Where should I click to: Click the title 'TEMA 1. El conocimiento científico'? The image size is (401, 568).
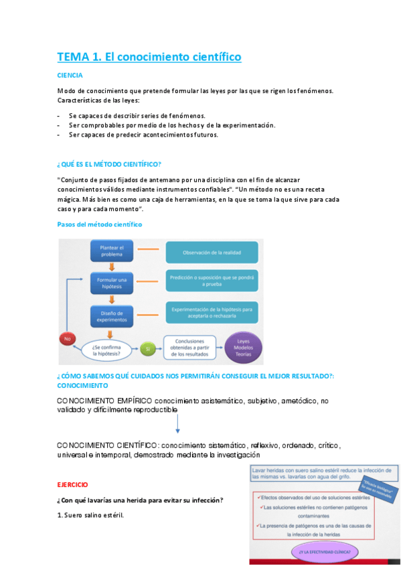(x=149, y=57)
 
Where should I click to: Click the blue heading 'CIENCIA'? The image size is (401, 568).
(x=70, y=76)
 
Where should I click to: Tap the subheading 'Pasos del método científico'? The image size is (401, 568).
(x=99, y=224)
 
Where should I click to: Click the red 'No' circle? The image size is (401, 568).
(x=67, y=339)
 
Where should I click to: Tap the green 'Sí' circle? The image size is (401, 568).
(x=148, y=348)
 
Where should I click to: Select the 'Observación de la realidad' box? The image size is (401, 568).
(x=212, y=253)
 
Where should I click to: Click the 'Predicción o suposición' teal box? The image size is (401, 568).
(x=212, y=280)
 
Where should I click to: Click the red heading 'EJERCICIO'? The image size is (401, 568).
(x=72, y=484)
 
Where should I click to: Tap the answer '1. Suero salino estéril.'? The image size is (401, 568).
(x=90, y=515)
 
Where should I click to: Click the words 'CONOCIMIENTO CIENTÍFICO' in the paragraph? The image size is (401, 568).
(x=107, y=445)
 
